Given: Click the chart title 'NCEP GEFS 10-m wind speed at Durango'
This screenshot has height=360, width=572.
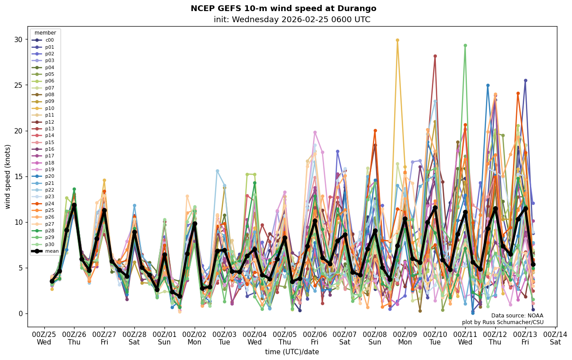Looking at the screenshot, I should tap(283, 8).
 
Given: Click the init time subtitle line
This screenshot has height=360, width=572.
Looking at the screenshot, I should tap(292, 20).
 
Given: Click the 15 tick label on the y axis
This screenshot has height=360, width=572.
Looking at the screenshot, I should tap(18, 176).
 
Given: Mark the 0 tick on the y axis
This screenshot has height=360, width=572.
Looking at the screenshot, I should tap(20, 313).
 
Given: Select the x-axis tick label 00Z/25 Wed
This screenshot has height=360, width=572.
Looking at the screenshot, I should tap(44, 338).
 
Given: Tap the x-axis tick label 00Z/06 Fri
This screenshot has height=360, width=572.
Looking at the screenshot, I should tap(315, 338).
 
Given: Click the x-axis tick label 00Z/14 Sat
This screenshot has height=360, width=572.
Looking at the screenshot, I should tap(556, 338).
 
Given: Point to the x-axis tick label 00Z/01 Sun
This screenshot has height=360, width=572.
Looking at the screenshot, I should tap(165, 338).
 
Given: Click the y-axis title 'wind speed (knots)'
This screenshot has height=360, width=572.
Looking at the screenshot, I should tap(8, 176).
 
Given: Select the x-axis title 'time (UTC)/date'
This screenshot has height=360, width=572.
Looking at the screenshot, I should tap(292, 352).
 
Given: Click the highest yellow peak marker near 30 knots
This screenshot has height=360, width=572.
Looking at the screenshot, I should tap(397, 40).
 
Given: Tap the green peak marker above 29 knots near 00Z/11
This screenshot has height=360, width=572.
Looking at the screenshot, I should tap(465, 45).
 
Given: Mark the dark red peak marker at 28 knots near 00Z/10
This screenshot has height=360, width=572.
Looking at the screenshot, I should tap(435, 56).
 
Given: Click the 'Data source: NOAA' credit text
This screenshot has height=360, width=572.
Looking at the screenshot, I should tap(517, 316).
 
